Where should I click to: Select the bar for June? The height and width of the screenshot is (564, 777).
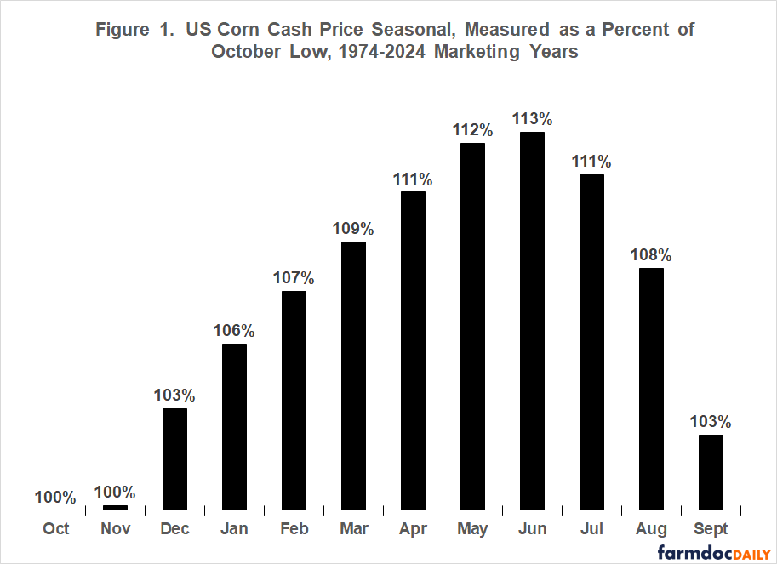[532, 322]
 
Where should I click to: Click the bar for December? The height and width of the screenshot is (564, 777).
[174, 459]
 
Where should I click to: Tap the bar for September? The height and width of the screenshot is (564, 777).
[711, 472]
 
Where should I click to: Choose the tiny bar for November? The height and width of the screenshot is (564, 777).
[115, 507]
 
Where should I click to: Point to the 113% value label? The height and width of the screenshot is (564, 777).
[532, 118]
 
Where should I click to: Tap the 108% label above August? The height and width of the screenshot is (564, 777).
[651, 254]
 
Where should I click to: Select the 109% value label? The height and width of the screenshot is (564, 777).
[353, 228]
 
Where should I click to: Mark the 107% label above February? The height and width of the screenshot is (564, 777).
[294, 277]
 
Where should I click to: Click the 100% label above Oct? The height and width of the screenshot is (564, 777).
[55, 497]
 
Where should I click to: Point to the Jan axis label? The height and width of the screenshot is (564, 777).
[234, 529]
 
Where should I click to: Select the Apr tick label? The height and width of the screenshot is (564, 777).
[413, 529]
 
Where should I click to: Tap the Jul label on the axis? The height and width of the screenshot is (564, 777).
[591, 529]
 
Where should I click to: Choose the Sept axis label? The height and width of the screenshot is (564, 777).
[711, 529]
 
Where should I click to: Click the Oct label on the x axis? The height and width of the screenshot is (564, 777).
[55, 529]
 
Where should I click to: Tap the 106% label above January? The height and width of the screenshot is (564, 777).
[234, 330]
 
